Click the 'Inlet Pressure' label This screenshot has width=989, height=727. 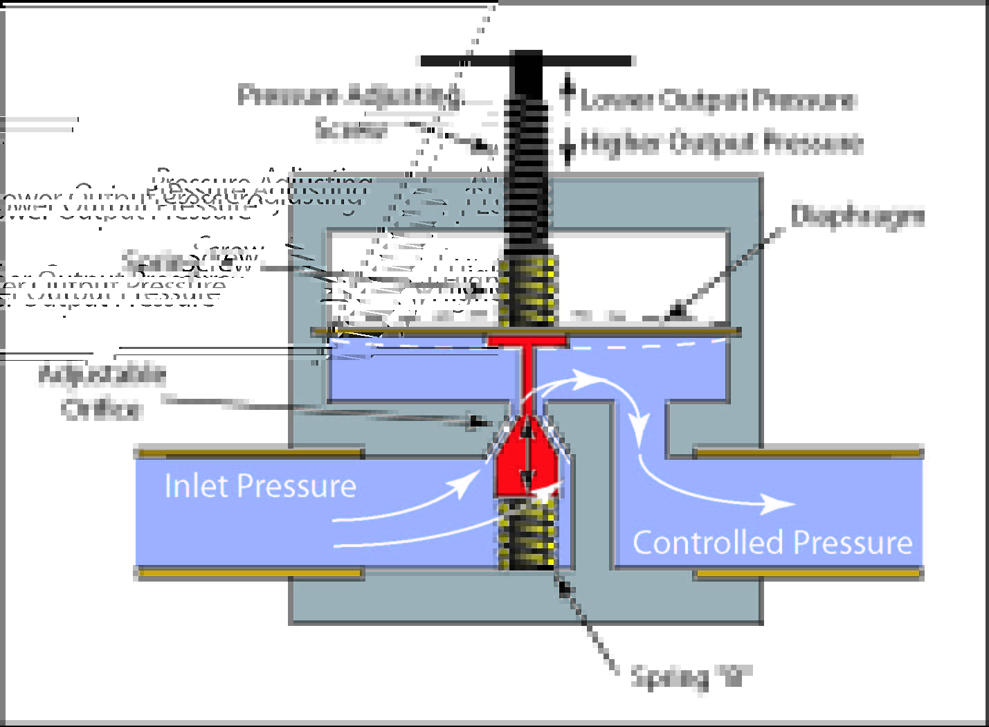(260, 485)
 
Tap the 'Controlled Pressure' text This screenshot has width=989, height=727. (772, 542)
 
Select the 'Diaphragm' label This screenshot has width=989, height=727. (858, 216)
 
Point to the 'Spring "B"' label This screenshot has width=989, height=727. (690, 676)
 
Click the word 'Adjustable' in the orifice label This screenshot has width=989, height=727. (102, 375)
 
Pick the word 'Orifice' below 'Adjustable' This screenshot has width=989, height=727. (102, 409)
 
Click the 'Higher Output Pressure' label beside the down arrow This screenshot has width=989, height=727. (722, 143)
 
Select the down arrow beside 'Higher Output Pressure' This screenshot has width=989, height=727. (568, 147)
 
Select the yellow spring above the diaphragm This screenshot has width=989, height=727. (528, 291)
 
